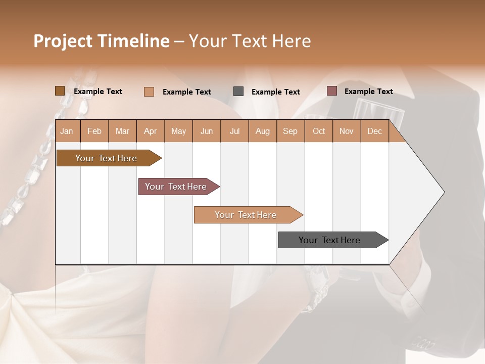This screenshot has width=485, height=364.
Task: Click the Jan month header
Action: click(x=67, y=131)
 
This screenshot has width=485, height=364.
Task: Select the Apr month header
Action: click(x=151, y=131)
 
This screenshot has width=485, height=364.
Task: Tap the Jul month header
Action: click(x=234, y=131)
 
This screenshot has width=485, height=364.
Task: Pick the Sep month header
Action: click(x=290, y=131)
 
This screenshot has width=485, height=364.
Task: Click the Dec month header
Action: click(x=374, y=131)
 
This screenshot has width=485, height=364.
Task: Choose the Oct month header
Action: click(x=319, y=131)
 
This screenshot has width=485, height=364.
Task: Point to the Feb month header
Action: click(x=94, y=131)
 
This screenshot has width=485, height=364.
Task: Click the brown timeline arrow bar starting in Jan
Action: click(x=107, y=158)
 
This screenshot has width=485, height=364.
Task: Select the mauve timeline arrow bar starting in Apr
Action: click(x=176, y=187)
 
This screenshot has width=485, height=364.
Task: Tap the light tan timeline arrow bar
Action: click(x=246, y=215)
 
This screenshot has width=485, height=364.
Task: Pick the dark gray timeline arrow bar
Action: click(x=330, y=240)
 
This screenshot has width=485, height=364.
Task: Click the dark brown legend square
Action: click(x=60, y=91)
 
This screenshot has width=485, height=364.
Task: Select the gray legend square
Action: click(x=238, y=92)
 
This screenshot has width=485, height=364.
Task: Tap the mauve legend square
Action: click(x=331, y=91)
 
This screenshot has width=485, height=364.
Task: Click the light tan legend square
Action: click(x=149, y=92)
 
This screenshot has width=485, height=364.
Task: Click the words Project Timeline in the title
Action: click(x=101, y=41)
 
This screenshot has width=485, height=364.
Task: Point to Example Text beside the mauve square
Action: click(x=368, y=92)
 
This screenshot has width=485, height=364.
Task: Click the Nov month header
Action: click(x=347, y=131)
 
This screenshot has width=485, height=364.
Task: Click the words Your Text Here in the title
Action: click(x=250, y=41)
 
